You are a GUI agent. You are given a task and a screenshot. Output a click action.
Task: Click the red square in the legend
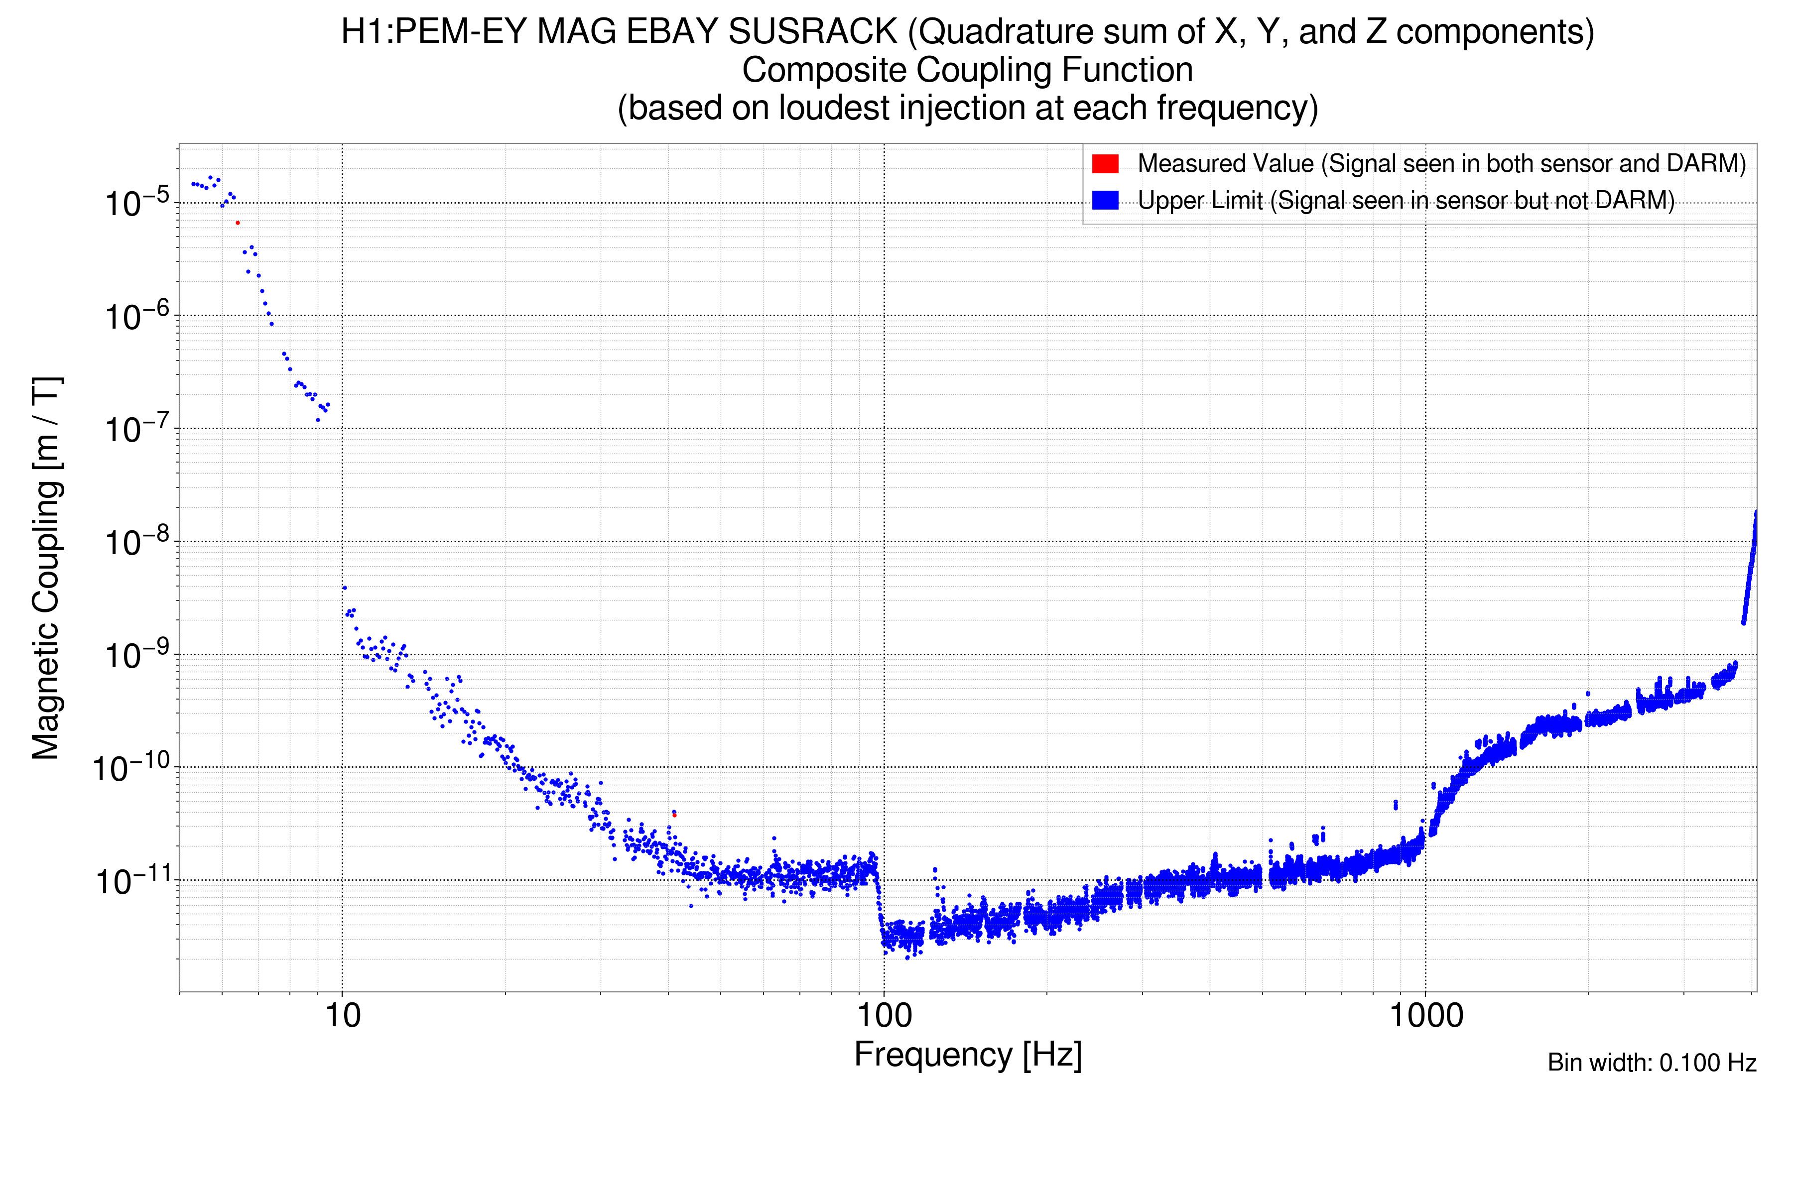[1105, 164]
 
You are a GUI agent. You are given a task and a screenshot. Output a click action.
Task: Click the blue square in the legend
[1105, 201]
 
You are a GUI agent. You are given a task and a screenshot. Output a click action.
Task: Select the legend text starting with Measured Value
[1441, 164]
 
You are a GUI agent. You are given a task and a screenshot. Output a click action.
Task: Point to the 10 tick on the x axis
[342, 1016]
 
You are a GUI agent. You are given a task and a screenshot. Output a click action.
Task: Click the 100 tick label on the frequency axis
[885, 1016]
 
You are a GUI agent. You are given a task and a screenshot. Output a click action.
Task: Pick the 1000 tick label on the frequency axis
[1425, 1016]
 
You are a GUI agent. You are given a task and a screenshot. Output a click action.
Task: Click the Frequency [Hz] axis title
[967, 1055]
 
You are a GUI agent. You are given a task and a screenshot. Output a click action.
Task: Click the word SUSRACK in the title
[813, 32]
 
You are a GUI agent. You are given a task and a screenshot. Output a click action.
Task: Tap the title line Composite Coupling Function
[967, 70]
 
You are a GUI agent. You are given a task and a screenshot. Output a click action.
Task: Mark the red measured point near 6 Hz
[238, 223]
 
